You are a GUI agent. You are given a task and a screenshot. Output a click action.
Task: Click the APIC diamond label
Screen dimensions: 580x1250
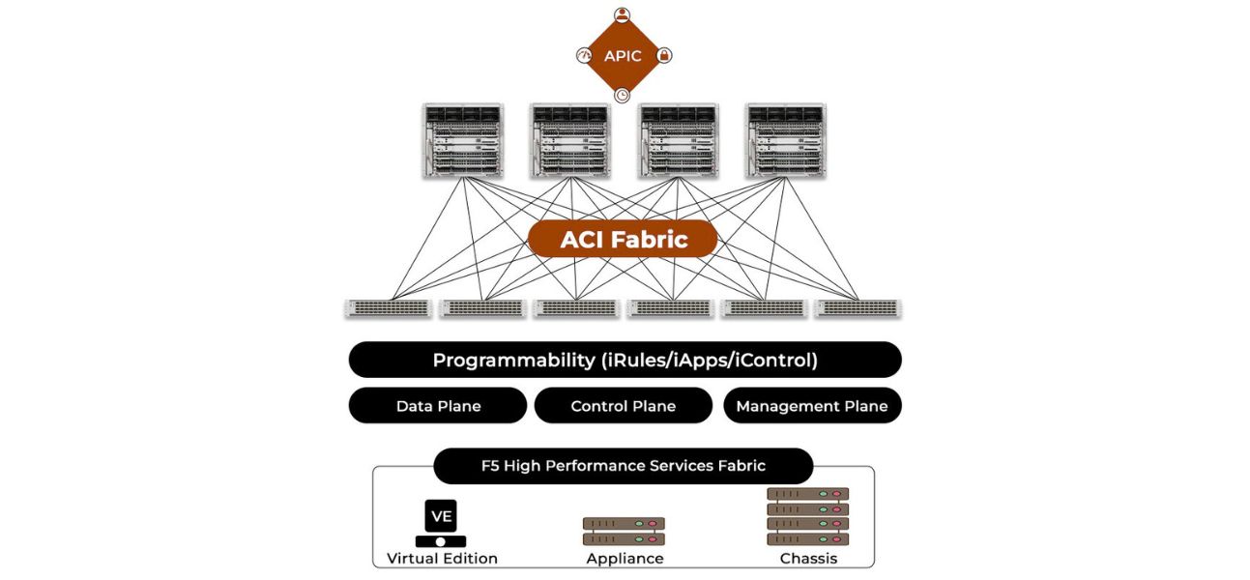(x=623, y=56)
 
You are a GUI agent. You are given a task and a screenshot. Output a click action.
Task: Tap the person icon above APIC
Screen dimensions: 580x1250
(x=623, y=14)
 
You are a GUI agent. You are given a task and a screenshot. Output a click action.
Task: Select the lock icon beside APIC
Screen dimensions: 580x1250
(x=664, y=56)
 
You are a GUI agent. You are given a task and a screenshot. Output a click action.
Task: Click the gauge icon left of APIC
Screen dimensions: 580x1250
(x=583, y=56)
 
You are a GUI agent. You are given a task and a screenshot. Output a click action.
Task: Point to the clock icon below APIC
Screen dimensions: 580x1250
(x=623, y=95)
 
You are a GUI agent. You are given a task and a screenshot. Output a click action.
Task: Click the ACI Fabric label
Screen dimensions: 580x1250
(x=623, y=239)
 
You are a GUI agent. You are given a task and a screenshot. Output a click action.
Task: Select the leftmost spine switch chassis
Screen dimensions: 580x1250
(x=463, y=140)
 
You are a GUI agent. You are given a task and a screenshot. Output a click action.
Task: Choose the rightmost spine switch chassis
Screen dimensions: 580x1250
(x=785, y=140)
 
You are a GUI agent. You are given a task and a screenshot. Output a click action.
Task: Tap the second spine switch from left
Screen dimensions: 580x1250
(x=570, y=140)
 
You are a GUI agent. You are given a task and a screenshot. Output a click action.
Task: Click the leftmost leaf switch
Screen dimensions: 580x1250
(x=388, y=308)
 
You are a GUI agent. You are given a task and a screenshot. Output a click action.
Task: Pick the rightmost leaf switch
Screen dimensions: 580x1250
(x=858, y=308)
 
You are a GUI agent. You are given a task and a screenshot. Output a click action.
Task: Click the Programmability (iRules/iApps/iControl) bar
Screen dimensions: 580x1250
(x=625, y=361)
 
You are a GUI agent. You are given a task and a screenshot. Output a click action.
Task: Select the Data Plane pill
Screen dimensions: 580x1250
(x=438, y=406)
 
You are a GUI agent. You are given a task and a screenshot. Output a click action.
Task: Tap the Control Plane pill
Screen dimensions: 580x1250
(x=624, y=406)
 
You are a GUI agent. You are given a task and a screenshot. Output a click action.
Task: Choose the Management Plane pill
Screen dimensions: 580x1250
(x=812, y=406)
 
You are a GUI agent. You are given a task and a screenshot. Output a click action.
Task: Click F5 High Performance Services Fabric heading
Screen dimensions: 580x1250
(x=624, y=466)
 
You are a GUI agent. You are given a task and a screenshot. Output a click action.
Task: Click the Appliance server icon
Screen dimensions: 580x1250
(x=625, y=531)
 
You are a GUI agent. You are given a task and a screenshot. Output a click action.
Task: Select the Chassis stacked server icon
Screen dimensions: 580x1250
(x=807, y=516)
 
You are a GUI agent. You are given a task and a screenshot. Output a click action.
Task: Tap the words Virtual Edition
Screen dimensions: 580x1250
(x=442, y=559)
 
